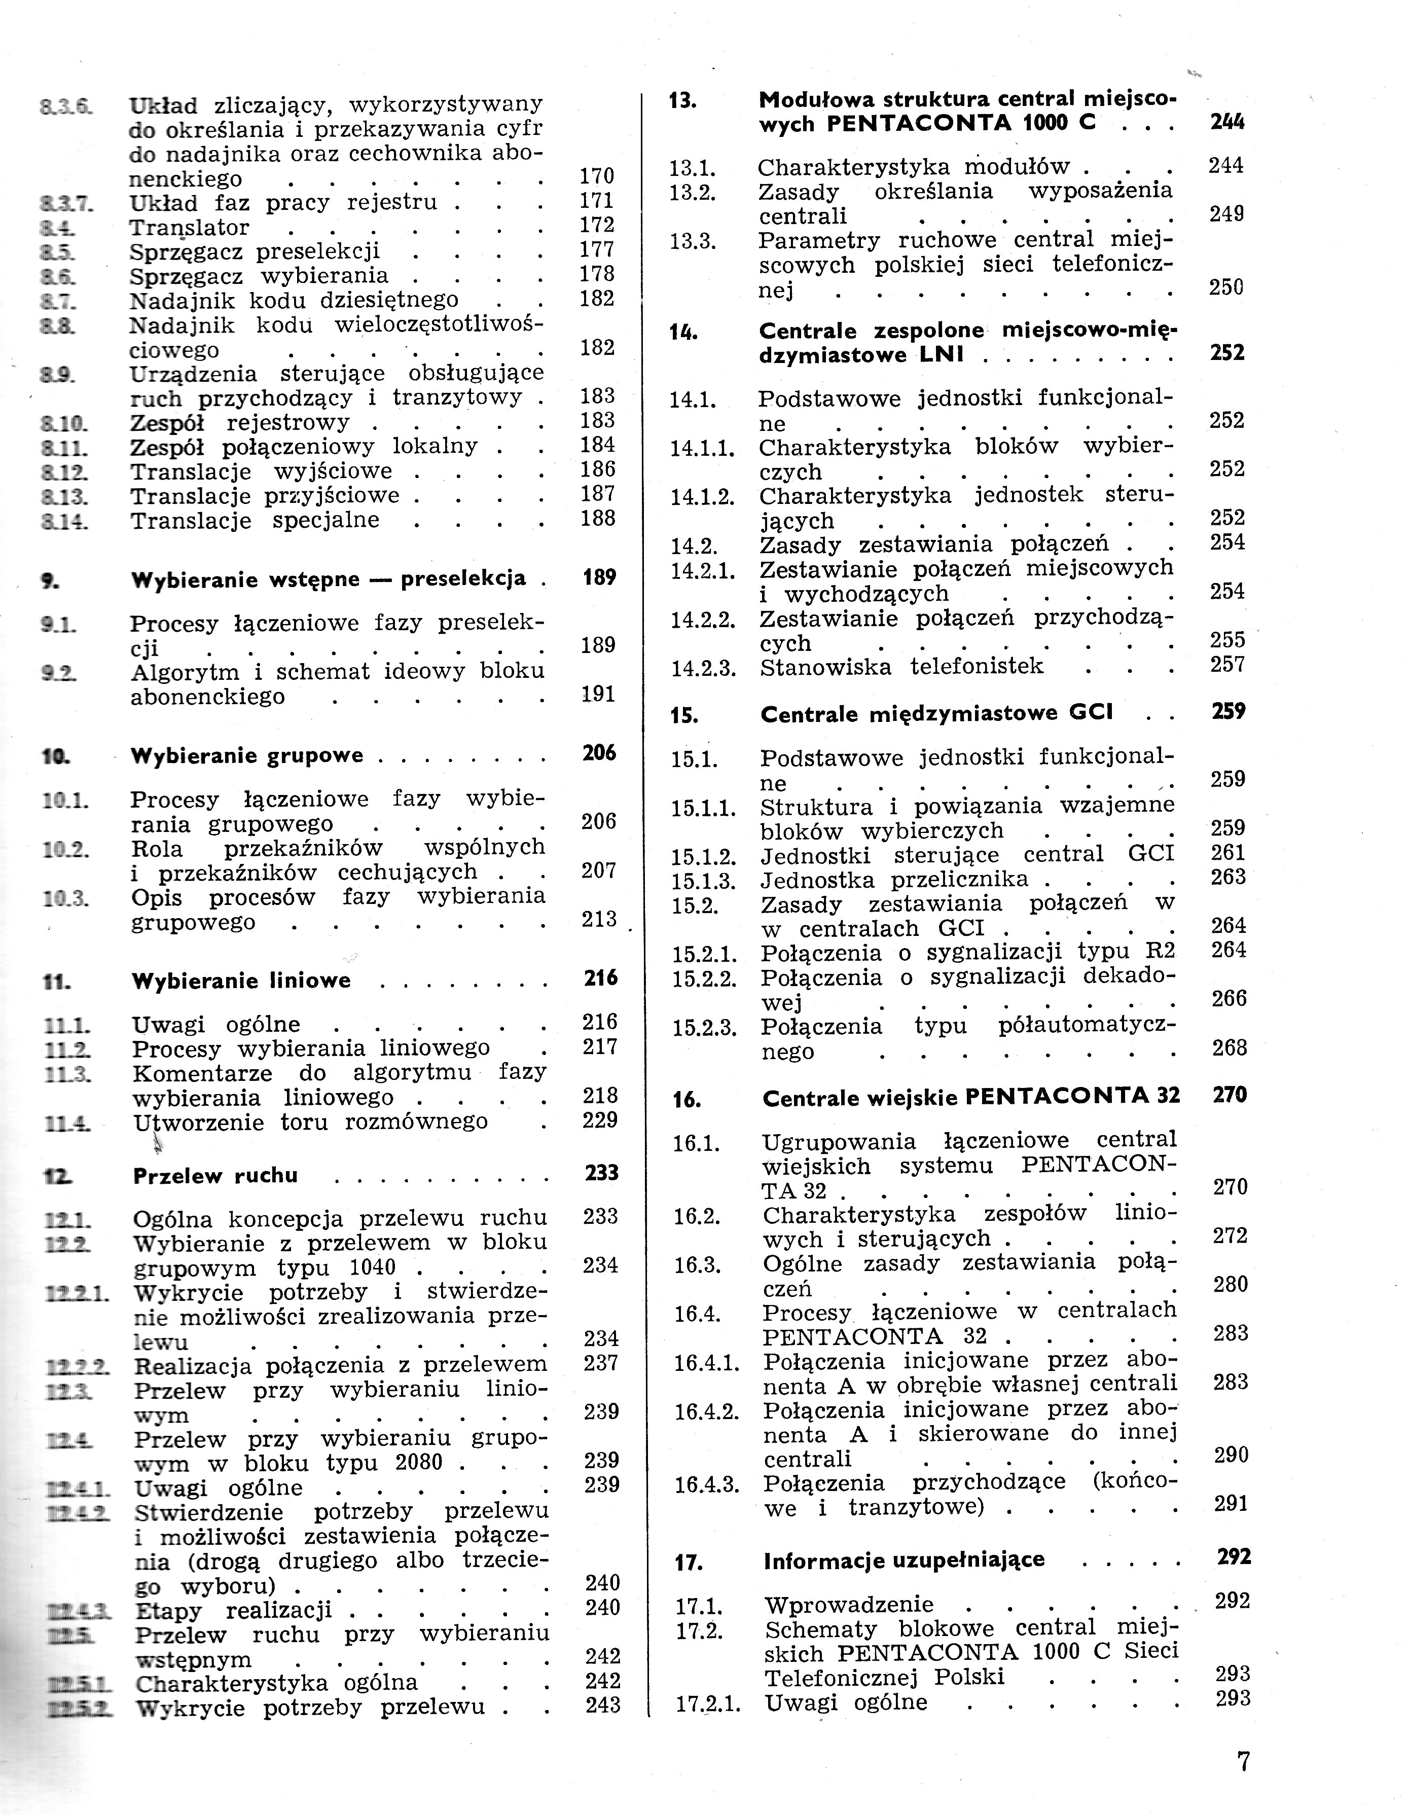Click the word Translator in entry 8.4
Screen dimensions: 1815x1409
(x=189, y=228)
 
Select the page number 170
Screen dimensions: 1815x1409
(x=596, y=176)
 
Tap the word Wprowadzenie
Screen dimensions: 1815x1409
(x=848, y=1605)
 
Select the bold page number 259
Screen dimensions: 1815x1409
(x=1228, y=711)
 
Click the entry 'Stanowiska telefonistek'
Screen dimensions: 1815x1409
(x=901, y=667)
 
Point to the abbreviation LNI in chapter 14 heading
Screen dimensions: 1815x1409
(x=942, y=355)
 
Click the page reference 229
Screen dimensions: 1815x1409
(x=599, y=1120)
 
